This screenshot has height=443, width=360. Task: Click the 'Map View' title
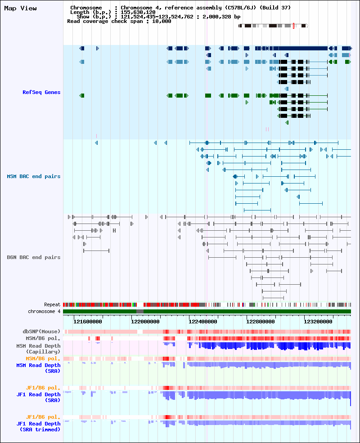click(x=20, y=9)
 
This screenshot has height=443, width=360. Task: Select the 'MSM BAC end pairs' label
click(x=34, y=176)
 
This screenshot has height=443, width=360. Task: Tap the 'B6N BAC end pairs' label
click(x=34, y=257)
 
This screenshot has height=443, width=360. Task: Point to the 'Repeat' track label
click(x=52, y=305)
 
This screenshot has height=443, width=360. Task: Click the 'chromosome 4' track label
click(x=44, y=311)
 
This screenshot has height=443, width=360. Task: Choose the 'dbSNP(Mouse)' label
click(x=42, y=331)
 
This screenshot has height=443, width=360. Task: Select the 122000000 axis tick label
click(x=145, y=322)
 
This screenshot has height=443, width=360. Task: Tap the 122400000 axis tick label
click(x=203, y=322)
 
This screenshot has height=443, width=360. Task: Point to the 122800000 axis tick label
click(x=261, y=322)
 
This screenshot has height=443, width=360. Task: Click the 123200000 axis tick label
click(x=318, y=322)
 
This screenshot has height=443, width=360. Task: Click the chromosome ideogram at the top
click(x=273, y=26)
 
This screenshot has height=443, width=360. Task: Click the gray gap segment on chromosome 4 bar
click(x=140, y=311)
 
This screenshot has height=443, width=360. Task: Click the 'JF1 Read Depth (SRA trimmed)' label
click(x=38, y=426)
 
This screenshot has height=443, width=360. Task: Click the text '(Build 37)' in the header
click(x=275, y=8)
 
